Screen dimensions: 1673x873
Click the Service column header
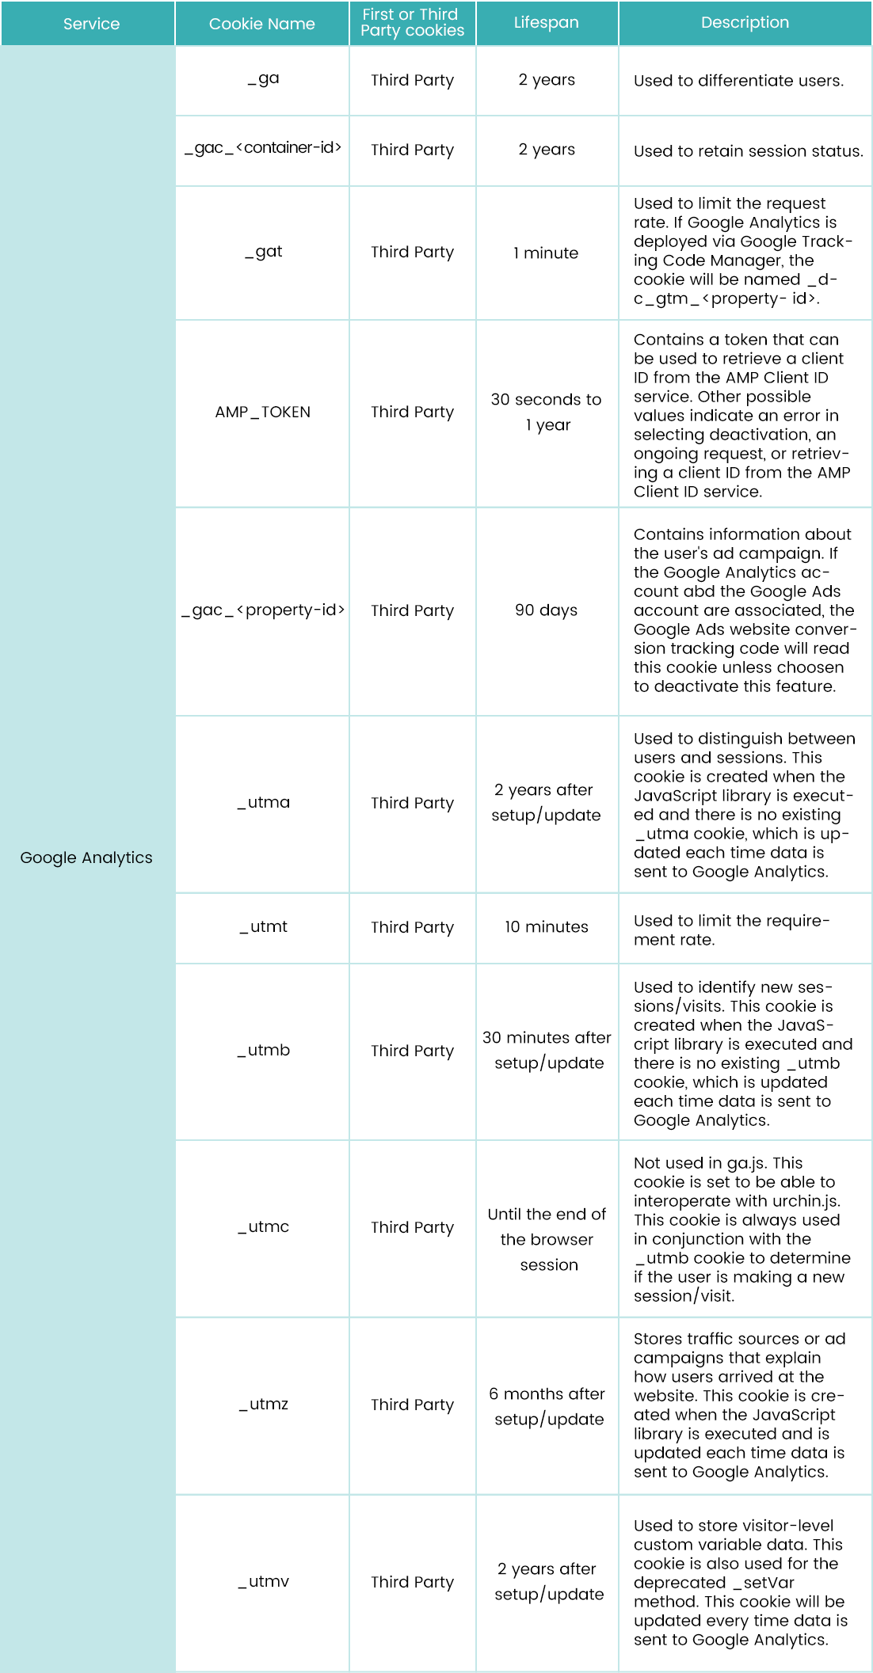91,24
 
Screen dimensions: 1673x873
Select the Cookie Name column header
261,24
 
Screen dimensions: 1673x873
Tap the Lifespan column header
546,22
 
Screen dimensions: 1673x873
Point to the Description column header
745,22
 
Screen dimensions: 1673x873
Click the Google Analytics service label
86,857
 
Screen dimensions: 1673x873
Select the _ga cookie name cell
263,79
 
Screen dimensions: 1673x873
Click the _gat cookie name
263,252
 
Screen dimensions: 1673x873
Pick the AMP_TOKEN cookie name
262,412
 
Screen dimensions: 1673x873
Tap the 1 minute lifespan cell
546,253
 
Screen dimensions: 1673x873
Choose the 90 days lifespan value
546,610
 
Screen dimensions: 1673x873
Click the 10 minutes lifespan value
546,926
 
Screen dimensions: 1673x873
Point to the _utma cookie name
263,802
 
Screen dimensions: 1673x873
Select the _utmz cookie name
263,1404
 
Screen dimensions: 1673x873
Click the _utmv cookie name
263,1581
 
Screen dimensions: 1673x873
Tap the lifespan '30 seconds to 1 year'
546,412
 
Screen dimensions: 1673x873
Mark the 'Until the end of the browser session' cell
547,1239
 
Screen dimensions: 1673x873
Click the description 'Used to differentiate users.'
738,81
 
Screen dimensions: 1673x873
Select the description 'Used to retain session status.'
748,151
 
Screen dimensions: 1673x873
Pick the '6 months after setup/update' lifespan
547,1406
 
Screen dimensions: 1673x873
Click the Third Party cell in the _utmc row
412,1227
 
